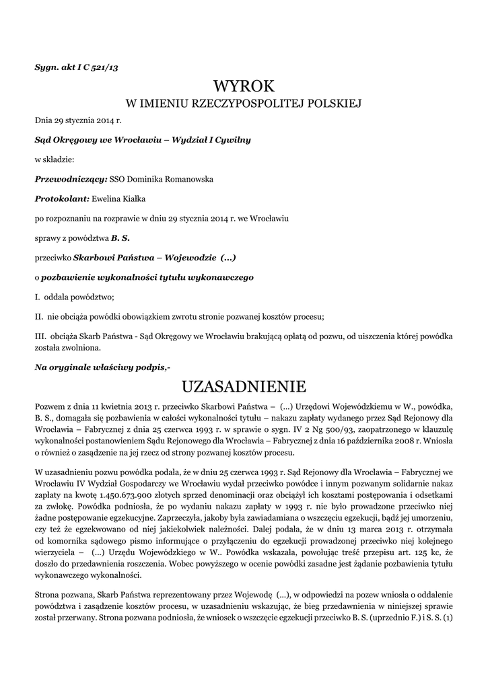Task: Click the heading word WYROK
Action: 244,85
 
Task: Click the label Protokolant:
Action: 62,198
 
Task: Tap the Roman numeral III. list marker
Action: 40,336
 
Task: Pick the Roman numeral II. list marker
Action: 39,316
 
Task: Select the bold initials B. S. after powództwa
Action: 120,238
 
